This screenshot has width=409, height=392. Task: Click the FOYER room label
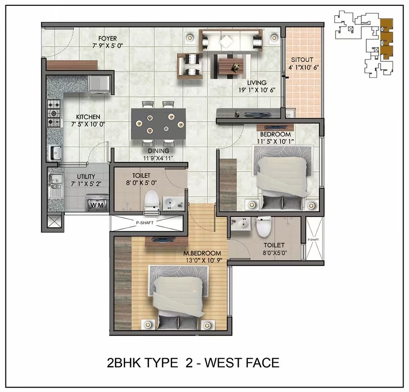[x=108, y=39]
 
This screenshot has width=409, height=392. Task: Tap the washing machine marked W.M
[x=97, y=203]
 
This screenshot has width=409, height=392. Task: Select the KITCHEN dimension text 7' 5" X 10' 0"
[x=88, y=125]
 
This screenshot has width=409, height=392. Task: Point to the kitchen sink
[x=55, y=152]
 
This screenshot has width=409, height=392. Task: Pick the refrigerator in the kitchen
[x=100, y=84]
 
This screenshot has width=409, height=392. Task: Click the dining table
[x=159, y=124]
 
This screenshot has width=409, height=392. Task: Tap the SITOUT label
[x=302, y=60]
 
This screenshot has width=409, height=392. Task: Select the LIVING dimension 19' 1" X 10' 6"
[x=257, y=90]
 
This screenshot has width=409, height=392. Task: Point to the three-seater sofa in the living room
[x=230, y=40]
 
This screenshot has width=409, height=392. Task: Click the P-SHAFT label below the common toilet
[x=145, y=223]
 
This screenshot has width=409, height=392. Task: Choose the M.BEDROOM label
[x=202, y=254]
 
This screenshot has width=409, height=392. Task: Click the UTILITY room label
[x=86, y=177]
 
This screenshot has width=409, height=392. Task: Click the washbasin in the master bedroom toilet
[x=241, y=224]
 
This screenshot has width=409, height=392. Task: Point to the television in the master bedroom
[x=162, y=239]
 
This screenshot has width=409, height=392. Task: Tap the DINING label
[x=159, y=151]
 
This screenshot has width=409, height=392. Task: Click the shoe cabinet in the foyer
[x=72, y=65]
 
